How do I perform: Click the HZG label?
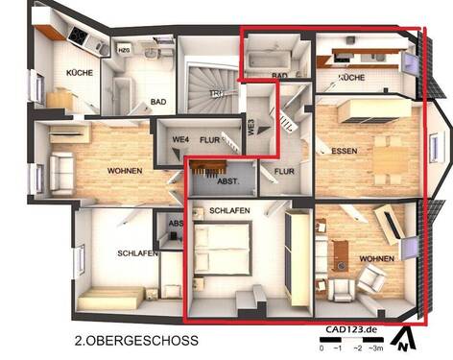[x=124, y=49]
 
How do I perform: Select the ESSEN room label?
[x=344, y=151]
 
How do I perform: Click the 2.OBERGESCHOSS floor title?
[x=136, y=340]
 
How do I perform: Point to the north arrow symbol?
[x=408, y=336]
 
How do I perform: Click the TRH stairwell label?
[x=219, y=93]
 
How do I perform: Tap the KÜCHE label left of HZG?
[x=80, y=73]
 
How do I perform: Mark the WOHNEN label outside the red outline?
[x=125, y=171]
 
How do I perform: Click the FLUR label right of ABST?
[x=284, y=173]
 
